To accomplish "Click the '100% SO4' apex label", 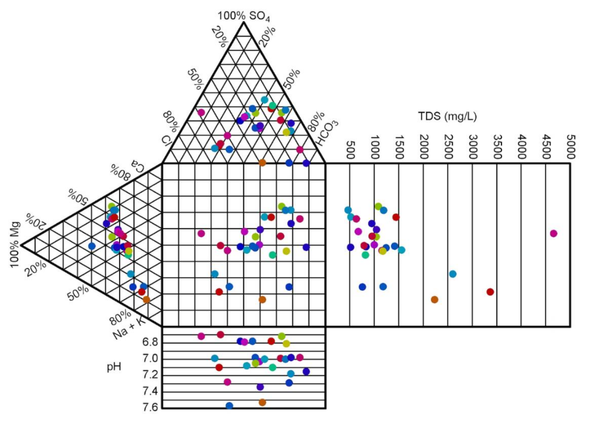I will point(244,16).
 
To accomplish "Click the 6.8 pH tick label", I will point(150,342).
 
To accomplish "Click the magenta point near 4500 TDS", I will point(554,233).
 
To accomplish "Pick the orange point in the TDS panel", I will point(434,300).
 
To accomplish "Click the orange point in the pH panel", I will point(262,402).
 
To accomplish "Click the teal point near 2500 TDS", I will point(453,274).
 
